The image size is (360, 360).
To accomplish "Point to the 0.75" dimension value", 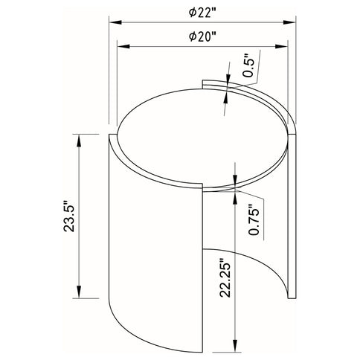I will coord(253,221).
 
